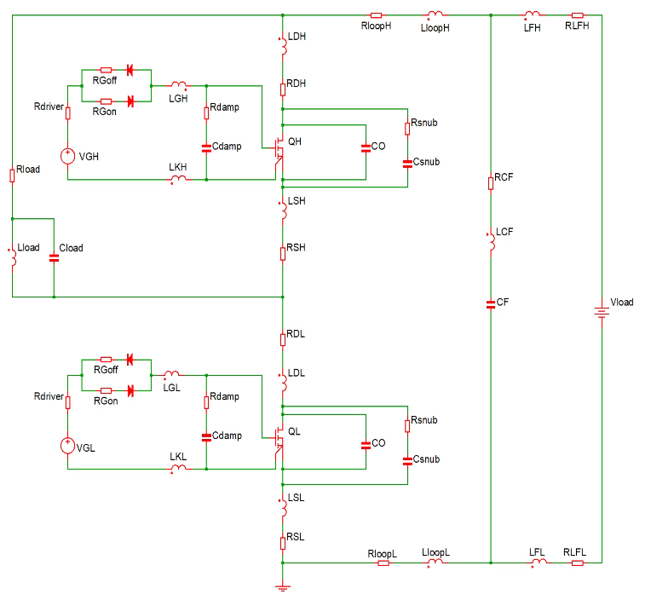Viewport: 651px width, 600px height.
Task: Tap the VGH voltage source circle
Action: click(x=67, y=155)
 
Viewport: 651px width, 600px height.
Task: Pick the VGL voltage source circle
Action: click(x=67, y=445)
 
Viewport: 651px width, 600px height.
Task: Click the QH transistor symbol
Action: click(x=277, y=148)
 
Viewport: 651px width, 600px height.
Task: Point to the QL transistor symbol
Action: click(x=277, y=438)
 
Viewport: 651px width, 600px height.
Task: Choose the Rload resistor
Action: click(x=12, y=174)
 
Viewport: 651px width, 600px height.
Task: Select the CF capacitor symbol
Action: click(x=491, y=303)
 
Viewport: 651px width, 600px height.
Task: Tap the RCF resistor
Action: click(x=491, y=182)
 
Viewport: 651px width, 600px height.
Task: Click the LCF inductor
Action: click(x=491, y=241)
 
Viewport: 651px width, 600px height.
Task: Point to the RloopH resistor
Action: click(x=377, y=15)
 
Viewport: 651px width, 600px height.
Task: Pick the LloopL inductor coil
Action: click(x=434, y=562)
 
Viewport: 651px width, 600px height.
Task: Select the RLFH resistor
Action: click(x=577, y=15)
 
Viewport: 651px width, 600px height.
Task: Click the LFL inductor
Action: click(x=538, y=562)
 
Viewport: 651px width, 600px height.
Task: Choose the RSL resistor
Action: click(x=282, y=542)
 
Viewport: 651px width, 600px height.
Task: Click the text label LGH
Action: click(x=177, y=99)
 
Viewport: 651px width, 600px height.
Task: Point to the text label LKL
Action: click(x=177, y=457)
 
